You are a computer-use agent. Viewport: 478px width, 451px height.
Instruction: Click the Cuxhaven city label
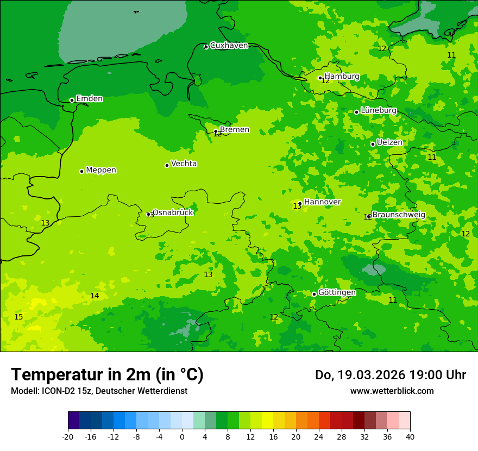(x=229, y=46)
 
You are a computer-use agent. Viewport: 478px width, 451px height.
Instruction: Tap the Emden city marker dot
(x=72, y=100)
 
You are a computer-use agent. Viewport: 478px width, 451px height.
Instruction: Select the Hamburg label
(x=342, y=77)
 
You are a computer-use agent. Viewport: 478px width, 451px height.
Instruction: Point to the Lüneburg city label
(x=378, y=110)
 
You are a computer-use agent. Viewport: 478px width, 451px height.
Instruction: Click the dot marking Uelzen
(x=373, y=144)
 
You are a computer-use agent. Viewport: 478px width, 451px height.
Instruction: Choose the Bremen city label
(x=234, y=130)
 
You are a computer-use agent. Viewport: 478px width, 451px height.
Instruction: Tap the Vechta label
(x=184, y=164)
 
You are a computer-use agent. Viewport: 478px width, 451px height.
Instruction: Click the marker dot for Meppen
(x=81, y=171)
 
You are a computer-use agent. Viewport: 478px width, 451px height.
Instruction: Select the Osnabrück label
(x=172, y=212)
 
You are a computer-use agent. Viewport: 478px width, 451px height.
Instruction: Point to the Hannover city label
(x=322, y=202)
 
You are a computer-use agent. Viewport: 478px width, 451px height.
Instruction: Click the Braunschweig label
(x=399, y=215)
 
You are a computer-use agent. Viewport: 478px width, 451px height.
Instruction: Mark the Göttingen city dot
(x=314, y=294)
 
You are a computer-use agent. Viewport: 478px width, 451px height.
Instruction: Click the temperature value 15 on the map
(x=18, y=317)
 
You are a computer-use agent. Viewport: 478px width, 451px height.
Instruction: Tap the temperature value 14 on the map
(x=95, y=296)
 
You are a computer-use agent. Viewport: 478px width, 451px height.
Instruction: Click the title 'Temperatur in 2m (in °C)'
(x=107, y=374)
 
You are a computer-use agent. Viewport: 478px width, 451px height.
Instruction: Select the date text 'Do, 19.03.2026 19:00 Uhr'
(x=390, y=375)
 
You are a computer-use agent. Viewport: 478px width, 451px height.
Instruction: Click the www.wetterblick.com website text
(x=392, y=391)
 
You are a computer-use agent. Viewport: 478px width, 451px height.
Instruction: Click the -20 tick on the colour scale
(x=67, y=437)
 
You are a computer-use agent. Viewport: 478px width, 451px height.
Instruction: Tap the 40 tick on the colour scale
(x=410, y=437)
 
